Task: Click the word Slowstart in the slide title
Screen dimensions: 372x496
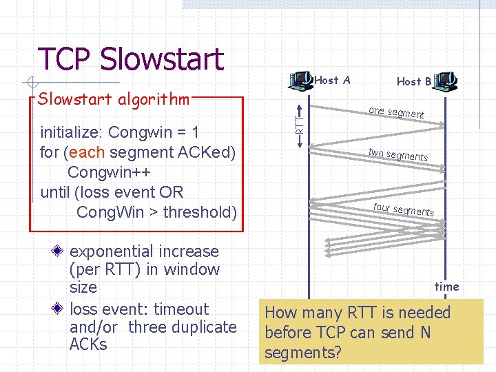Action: point(162,59)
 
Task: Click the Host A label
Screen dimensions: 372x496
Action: point(332,81)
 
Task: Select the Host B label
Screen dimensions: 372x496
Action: point(414,81)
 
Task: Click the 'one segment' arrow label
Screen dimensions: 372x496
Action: point(396,112)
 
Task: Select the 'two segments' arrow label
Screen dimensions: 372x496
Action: point(397,155)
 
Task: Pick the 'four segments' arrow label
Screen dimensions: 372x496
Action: point(403,209)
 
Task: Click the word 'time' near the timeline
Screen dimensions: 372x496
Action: point(446,287)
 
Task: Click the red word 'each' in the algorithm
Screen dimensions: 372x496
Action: point(86,152)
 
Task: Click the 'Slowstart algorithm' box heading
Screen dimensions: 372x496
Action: point(114,99)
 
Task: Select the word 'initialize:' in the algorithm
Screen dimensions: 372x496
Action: point(72,132)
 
